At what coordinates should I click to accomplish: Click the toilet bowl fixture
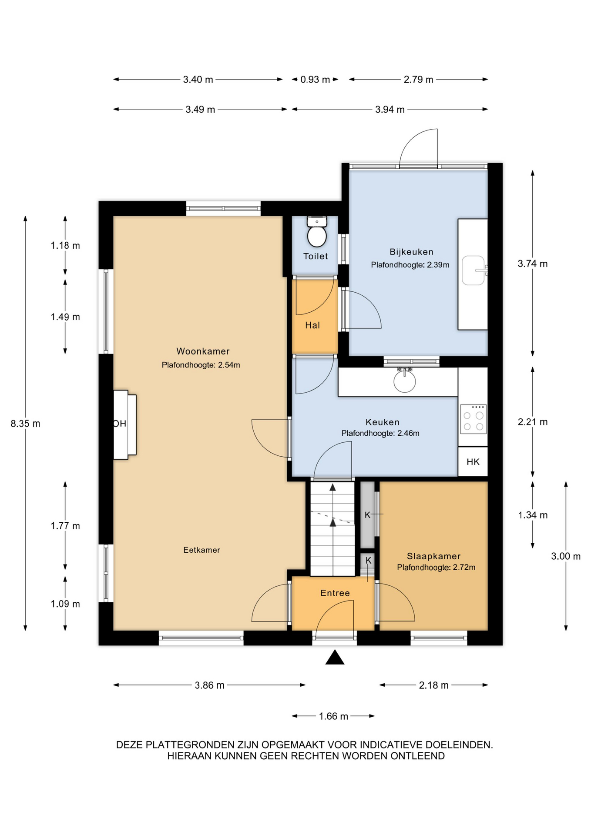(317, 232)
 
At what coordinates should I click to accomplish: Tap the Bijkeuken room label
(411, 252)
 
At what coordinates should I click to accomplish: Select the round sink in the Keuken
(405, 380)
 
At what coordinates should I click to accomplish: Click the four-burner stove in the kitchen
(473, 419)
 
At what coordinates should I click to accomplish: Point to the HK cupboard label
(473, 462)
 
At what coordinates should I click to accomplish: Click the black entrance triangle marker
(335, 657)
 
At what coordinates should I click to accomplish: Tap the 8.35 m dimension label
(26, 423)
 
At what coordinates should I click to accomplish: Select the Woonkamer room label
(203, 351)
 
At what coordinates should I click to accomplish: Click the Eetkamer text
(201, 550)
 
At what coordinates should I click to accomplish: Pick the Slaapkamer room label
(433, 556)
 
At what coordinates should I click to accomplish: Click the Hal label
(312, 325)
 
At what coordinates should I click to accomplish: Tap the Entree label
(335, 593)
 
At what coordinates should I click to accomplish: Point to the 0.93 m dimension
(315, 80)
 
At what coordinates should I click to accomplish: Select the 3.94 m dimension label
(390, 110)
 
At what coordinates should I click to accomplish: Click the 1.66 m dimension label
(333, 716)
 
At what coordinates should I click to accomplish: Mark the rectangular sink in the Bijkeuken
(473, 271)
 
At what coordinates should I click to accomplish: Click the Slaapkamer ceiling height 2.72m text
(436, 568)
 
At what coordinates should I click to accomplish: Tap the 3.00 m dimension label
(566, 556)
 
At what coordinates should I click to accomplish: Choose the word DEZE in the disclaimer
(129, 745)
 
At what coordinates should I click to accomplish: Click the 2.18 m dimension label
(433, 685)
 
